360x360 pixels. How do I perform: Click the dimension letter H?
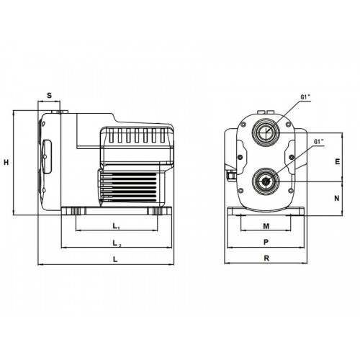(x=6, y=162)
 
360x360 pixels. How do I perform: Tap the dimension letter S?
(x=49, y=95)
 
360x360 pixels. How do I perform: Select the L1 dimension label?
(x=116, y=226)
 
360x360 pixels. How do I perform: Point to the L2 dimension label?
(x=117, y=243)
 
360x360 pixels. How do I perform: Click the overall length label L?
(x=115, y=259)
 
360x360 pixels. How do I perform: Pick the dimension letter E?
(x=338, y=161)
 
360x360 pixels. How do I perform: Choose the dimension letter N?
(x=337, y=198)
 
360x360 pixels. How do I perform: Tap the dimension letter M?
(x=266, y=226)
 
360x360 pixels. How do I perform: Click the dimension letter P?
(x=266, y=242)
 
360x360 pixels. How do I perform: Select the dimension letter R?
(x=266, y=258)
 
